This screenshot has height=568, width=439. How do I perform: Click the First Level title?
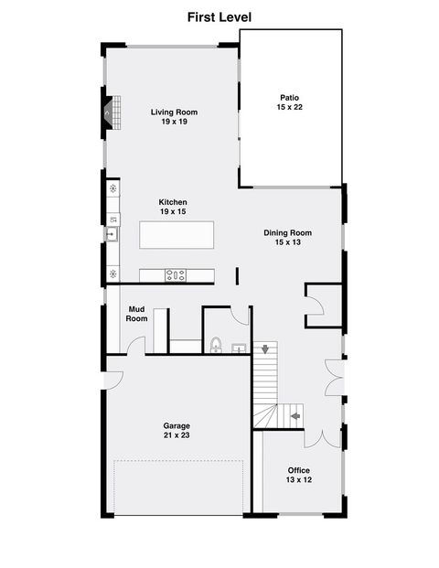(219, 17)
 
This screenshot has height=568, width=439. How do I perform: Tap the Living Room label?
(174, 113)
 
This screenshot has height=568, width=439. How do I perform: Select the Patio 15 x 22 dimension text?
(289, 107)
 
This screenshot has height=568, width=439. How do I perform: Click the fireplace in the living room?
(112, 113)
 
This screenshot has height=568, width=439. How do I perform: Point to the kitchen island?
(177, 235)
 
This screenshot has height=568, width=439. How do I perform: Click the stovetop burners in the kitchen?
(176, 275)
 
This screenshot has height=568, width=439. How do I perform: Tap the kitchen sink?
(112, 234)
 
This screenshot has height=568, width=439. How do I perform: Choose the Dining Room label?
(287, 233)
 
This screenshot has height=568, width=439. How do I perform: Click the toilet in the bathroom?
(216, 345)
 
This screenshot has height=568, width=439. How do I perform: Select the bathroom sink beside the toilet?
(239, 348)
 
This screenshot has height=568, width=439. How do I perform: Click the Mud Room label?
(136, 314)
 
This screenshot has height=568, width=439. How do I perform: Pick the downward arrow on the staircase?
(265, 349)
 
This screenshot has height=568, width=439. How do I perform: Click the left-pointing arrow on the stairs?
(295, 416)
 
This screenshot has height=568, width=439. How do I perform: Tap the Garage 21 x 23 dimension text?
(177, 435)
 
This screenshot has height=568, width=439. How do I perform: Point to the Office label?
(299, 470)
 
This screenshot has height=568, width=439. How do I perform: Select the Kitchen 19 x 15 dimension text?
(173, 211)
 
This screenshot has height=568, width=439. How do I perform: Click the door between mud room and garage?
(136, 346)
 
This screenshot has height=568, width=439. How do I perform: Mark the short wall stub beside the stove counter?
(237, 276)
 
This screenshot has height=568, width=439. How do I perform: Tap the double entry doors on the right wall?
(334, 378)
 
